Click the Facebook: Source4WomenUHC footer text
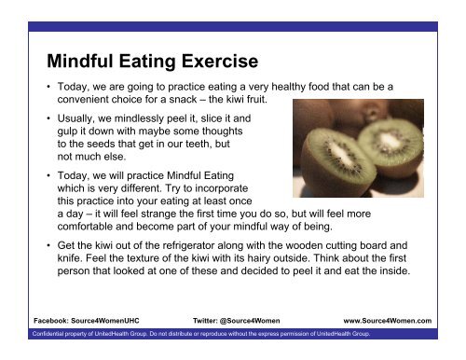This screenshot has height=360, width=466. pos(81,319)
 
